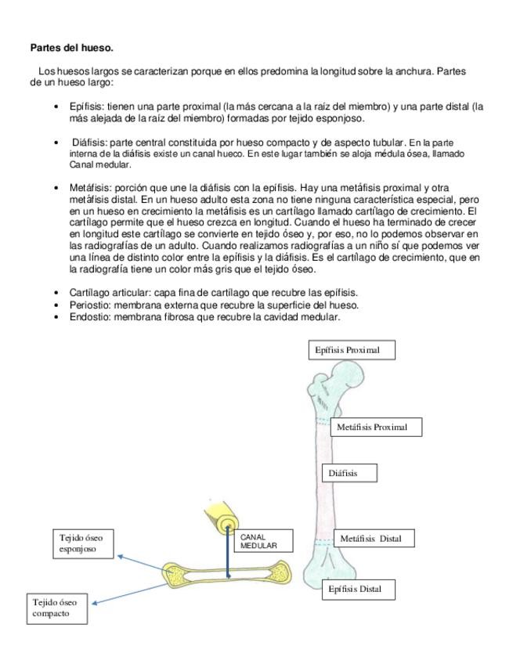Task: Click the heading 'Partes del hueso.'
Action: click(70, 48)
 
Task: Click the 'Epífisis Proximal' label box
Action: click(350, 350)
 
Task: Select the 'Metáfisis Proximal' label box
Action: click(378, 427)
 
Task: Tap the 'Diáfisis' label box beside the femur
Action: click(349, 473)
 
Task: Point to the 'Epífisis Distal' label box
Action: click(359, 589)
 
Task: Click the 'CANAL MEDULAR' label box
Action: click(262, 540)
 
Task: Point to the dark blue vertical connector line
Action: click(228, 552)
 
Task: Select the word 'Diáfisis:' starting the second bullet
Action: click(90, 143)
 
